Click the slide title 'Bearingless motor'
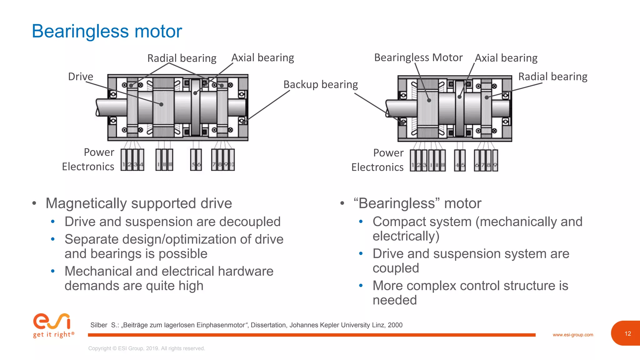click(107, 31)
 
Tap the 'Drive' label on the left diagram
click(81, 77)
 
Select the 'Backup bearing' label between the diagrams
click(320, 84)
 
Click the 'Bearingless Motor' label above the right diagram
click(418, 57)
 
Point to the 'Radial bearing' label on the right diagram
click(552, 77)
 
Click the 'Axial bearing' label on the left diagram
click(262, 58)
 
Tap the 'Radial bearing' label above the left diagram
click(182, 58)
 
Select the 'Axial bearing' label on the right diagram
click(506, 58)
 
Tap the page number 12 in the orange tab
click(627, 333)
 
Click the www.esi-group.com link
click(572, 335)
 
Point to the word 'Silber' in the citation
click(99, 325)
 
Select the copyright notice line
click(147, 348)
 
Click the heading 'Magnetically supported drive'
click(139, 203)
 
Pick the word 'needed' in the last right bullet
click(394, 300)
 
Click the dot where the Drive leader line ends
click(161, 104)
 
